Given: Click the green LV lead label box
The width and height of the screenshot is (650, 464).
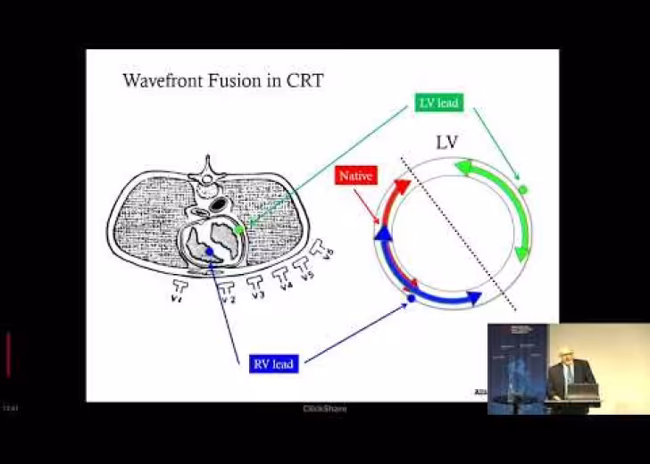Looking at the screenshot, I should (438, 103).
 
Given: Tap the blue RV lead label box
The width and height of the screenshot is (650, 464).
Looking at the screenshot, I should (272, 363).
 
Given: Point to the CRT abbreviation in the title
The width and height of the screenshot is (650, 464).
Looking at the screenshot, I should (304, 81).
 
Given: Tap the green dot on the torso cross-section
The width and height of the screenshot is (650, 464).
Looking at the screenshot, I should (238, 230).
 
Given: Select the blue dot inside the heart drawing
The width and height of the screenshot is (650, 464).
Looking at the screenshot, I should (209, 253).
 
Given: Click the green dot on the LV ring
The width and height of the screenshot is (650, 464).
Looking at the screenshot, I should (523, 189).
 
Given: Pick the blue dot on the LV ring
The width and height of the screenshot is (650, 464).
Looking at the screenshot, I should (411, 297).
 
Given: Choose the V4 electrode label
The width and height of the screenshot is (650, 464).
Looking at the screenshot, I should (286, 286).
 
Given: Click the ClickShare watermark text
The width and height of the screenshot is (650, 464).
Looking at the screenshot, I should (325, 409).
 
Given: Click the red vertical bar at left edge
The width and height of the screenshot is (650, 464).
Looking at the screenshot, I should (8, 354).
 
